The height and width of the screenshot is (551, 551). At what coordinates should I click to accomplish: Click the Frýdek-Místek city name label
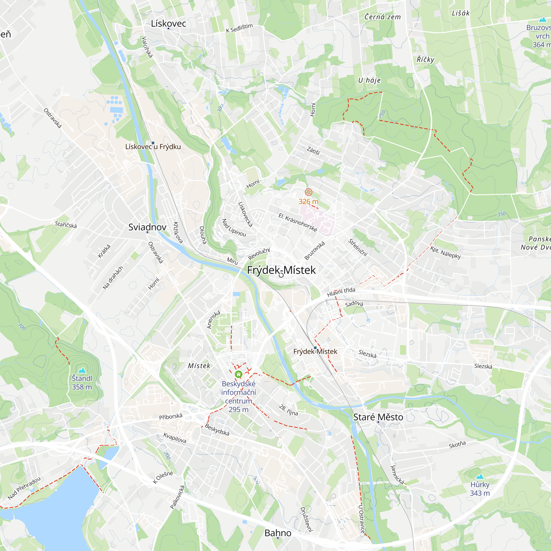point(281,270)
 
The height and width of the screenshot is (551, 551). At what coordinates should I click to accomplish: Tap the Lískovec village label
point(168,23)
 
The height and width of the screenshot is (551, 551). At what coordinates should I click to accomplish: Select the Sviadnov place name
point(147,227)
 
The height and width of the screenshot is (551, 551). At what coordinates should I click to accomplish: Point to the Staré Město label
point(378,417)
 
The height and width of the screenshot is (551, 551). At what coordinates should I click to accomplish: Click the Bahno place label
point(278,533)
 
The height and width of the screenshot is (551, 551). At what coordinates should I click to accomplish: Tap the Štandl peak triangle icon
point(82,371)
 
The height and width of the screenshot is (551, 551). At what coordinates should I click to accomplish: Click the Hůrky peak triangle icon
point(480,476)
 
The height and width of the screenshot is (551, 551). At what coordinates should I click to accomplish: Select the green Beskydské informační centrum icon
point(238,374)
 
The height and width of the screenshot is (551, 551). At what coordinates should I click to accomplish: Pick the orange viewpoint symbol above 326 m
point(308,192)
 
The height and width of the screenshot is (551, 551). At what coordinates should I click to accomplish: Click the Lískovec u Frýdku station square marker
point(153,143)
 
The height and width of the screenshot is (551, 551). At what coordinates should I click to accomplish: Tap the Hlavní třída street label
point(341,292)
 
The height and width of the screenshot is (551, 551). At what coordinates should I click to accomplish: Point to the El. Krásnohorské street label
point(298,222)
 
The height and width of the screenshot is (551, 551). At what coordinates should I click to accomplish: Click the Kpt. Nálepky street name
point(445,252)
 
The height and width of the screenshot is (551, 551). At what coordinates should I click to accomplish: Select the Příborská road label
point(171,416)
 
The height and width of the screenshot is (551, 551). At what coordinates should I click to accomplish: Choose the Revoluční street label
point(259,253)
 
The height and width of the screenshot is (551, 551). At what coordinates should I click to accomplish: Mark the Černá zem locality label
point(382,17)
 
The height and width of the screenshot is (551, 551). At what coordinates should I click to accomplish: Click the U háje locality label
point(369,80)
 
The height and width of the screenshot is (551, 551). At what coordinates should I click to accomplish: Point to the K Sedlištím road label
point(239,28)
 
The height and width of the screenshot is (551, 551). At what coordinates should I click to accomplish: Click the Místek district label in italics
point(199,366)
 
